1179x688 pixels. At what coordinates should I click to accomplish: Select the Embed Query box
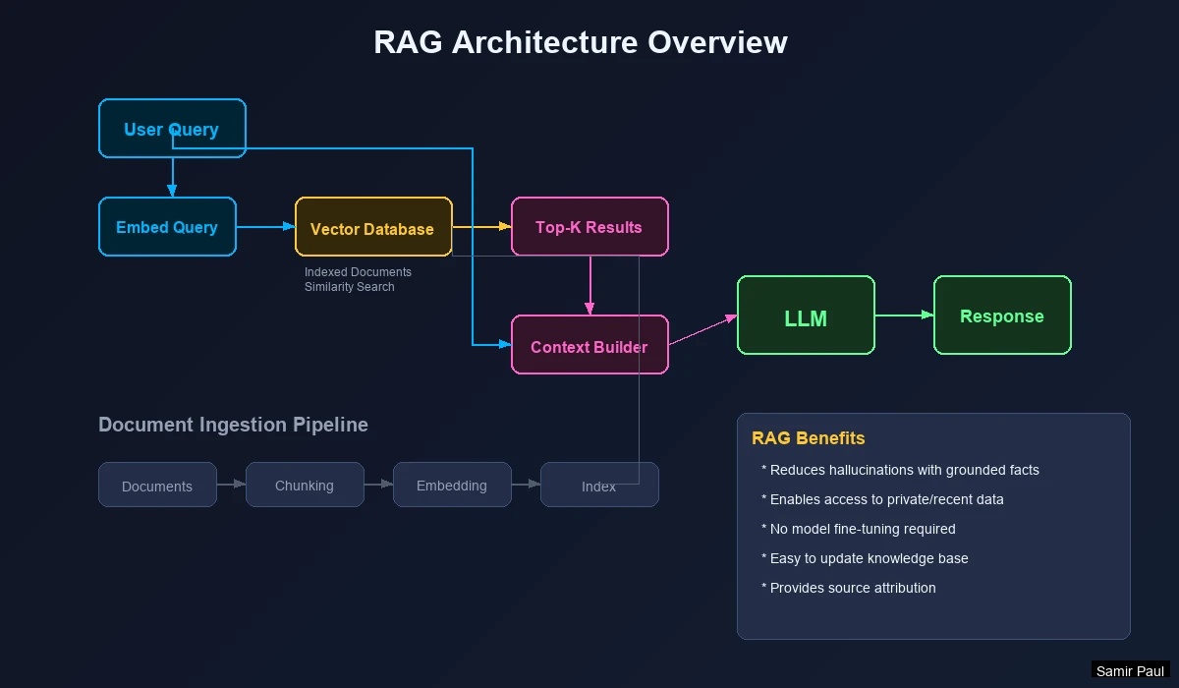point(167,226)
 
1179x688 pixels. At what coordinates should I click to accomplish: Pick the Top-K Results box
point(589,226)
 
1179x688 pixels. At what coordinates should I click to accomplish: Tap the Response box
point(1002,315)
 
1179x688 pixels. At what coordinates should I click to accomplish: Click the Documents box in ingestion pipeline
point(157,485)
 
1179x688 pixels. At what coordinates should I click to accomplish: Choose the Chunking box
point(305,485)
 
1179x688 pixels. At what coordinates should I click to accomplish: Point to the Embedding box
point(452,485)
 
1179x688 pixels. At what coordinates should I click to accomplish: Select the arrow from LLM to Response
point(904,315)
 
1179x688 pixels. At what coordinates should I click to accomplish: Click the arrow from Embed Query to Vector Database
point(265,226)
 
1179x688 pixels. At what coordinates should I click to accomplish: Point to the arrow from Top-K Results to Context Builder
point(589,285)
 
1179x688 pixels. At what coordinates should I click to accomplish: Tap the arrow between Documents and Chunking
point(231,484)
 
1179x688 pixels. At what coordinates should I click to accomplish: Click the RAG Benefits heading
point(809,438)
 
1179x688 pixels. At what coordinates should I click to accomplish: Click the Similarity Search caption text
point(349,287)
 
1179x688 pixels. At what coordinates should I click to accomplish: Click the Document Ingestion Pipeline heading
point(233,425)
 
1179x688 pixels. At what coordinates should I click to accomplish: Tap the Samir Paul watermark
point(1130,671)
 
